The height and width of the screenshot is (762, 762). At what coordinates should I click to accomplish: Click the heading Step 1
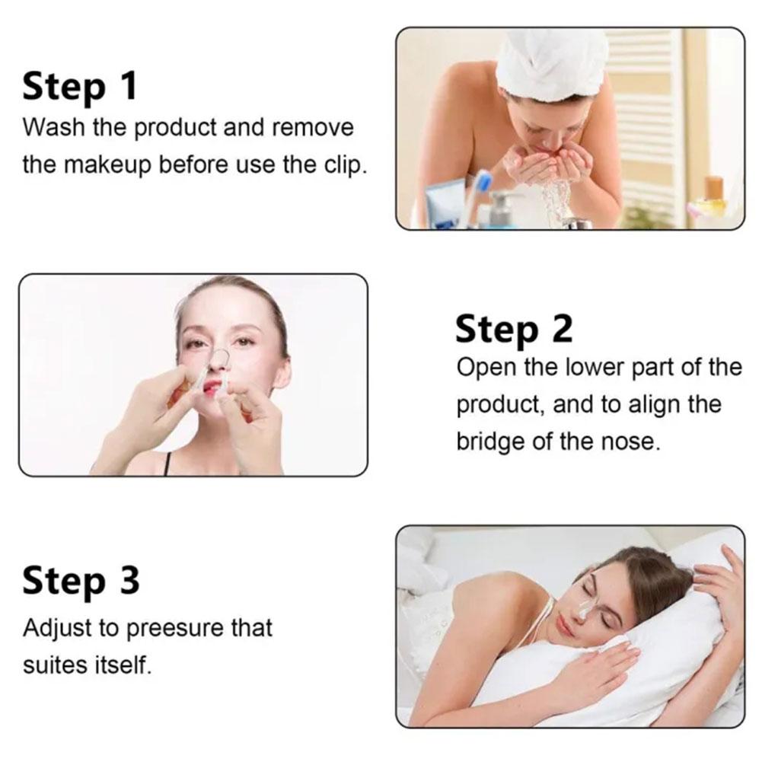(79, 85)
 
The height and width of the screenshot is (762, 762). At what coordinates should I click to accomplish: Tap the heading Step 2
(513, 330)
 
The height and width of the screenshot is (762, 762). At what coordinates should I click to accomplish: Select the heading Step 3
(81, 581)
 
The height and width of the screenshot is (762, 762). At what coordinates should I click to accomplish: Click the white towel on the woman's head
(550, 64)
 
